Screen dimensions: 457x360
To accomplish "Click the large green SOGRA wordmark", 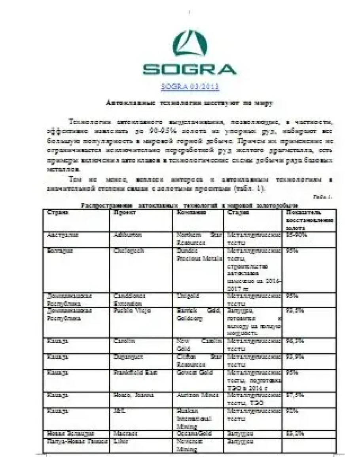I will (189, 70).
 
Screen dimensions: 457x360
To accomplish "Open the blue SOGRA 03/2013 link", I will (189, 87).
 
